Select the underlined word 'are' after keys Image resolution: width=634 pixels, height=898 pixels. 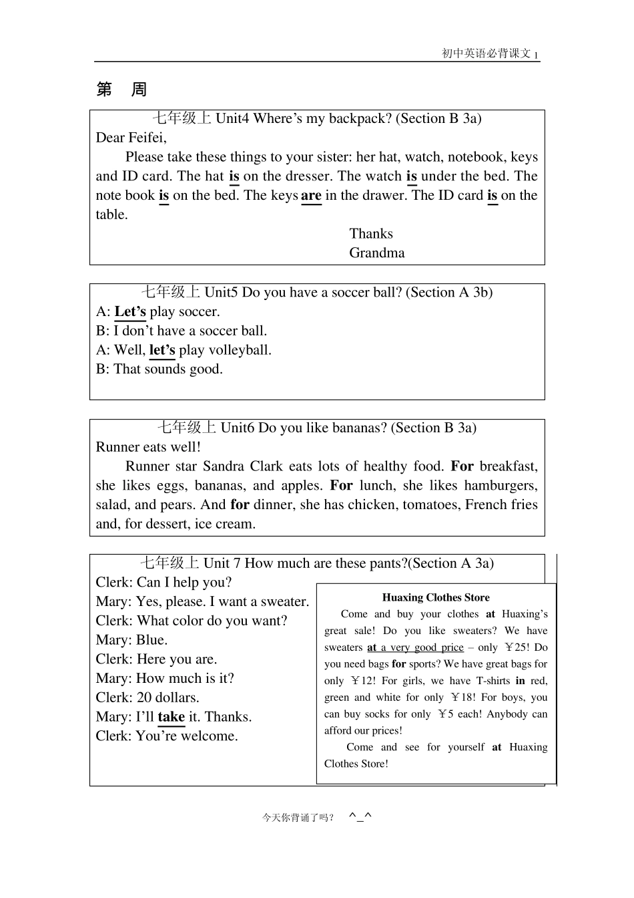click(x=311, y=195)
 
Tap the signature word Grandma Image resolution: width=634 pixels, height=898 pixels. click(x=376, y=253)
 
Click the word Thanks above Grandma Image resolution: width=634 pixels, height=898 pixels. click(x=371, y=234)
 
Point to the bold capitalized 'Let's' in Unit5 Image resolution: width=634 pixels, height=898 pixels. click(x=130, y=311)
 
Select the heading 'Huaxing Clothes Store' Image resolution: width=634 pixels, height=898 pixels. click(x=436, y=597)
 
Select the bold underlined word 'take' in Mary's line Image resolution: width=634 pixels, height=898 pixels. click(x=171, y=717)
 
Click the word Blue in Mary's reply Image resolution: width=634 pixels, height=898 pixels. click(x=151, y=640)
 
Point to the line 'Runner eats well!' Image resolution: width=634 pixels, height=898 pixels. click(x=148, y=447)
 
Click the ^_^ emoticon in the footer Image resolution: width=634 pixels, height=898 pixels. click(x=360, y=816)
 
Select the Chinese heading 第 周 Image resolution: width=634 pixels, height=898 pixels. click(x=121, y=90)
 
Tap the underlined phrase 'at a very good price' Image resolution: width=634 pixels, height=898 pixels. click(x=415, y=647)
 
